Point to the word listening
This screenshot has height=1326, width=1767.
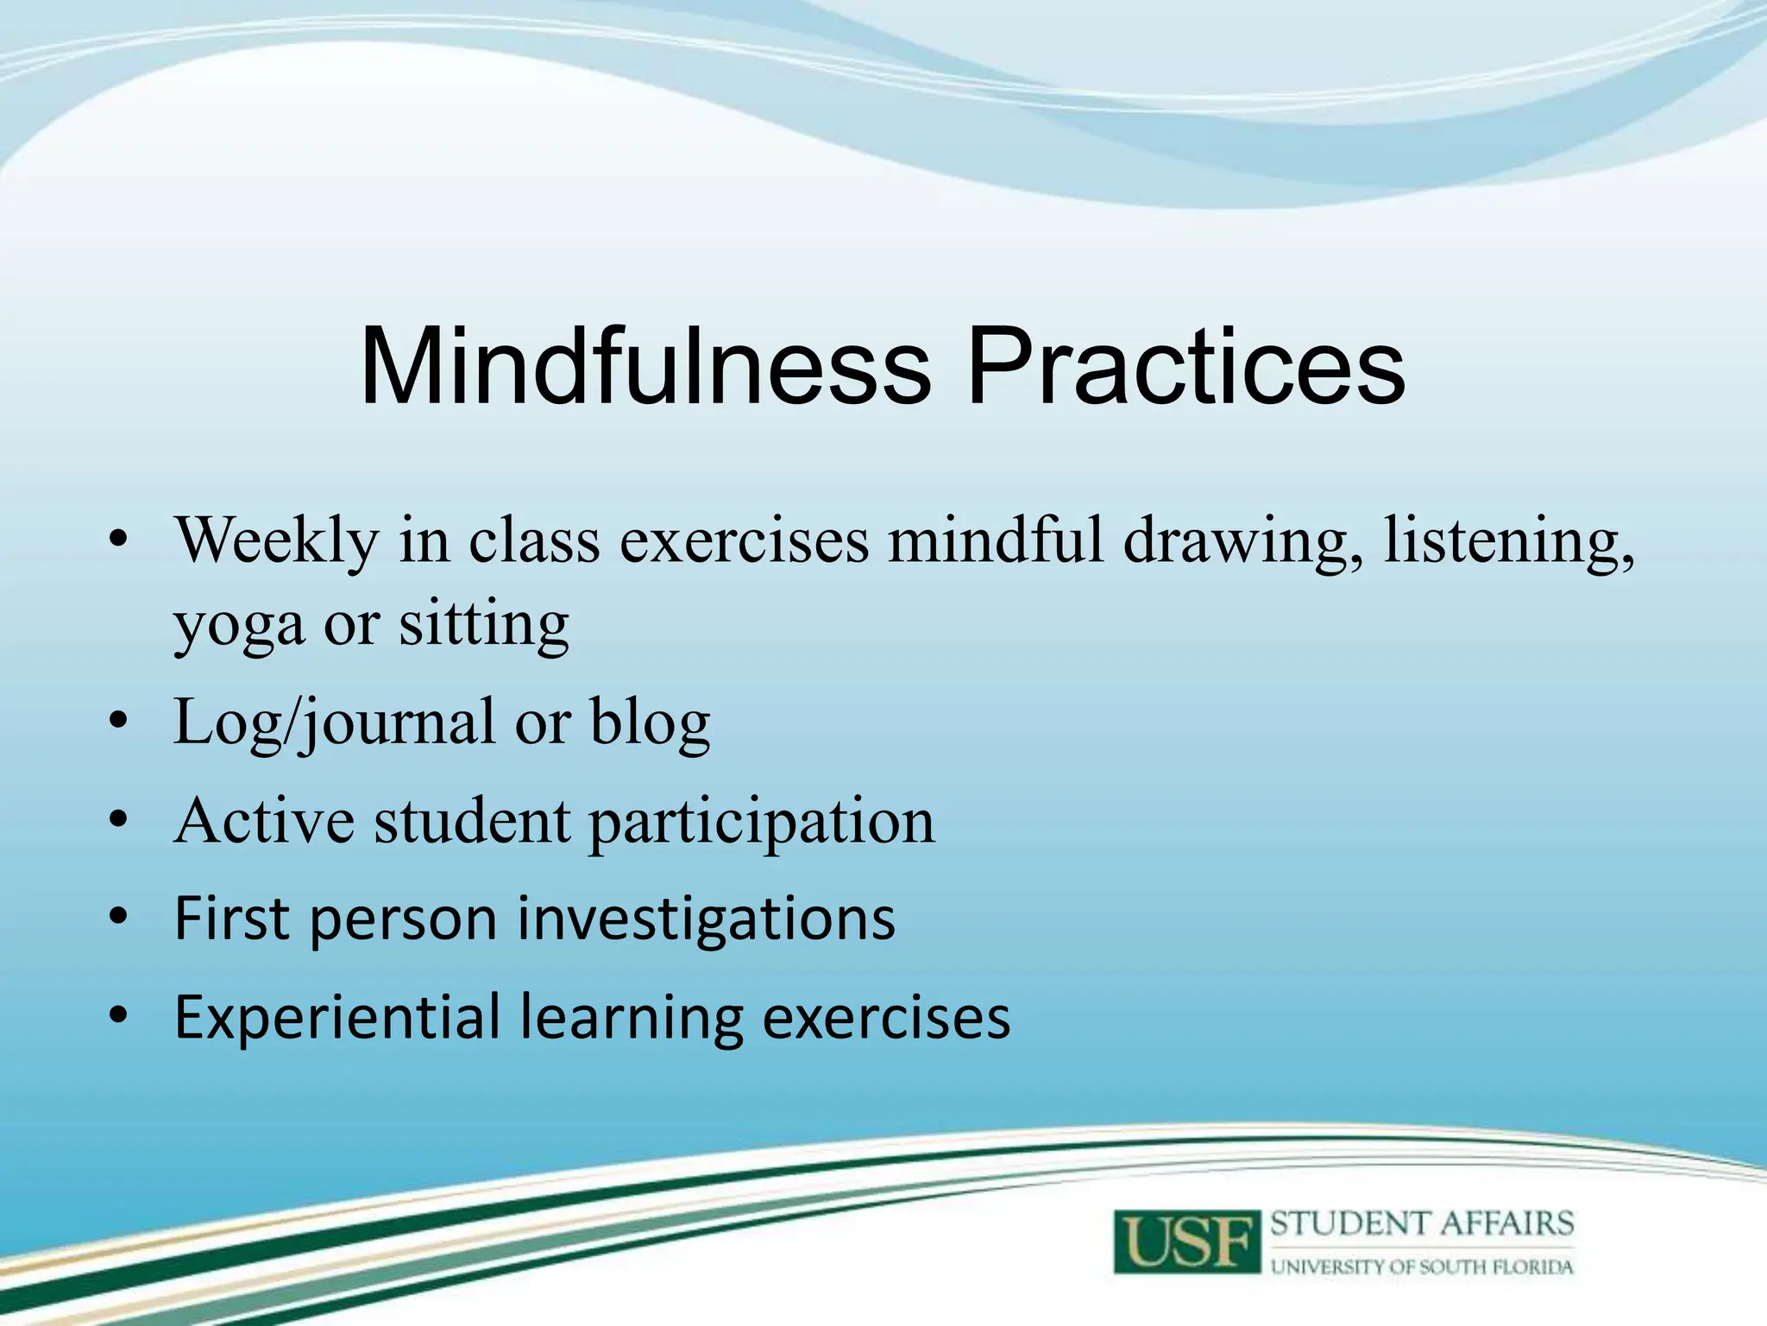click(x=1509, y=541)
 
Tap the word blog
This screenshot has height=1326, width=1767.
click(x=650, y=723)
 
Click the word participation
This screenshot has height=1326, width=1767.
click(x=762, y=822)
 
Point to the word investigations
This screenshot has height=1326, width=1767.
click(x=706, y=919)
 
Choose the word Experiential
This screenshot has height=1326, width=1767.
click(x=337, y=1019)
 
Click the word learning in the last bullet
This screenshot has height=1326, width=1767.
click(x=632, y=1019)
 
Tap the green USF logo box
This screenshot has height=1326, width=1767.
click(x=1186, y=1241)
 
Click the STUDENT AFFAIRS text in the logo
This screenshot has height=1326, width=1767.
click(x=1422, y=1224)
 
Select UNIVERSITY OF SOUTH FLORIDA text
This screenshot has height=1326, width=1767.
click(x=1422, y=1267)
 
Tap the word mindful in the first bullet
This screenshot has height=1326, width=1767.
click(x=997, y=541)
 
